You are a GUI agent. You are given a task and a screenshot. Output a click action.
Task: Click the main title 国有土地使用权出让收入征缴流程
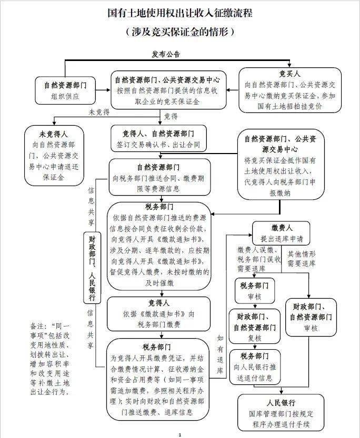180,13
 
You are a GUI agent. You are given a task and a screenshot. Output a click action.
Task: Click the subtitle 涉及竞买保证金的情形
180,32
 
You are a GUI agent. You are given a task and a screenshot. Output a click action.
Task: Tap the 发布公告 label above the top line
166,54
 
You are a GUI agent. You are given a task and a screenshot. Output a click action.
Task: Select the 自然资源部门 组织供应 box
65,90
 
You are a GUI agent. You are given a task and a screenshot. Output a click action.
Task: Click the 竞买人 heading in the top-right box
289,74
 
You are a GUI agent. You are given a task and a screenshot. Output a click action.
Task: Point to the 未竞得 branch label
99,113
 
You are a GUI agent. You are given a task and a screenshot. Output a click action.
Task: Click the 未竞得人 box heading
54,135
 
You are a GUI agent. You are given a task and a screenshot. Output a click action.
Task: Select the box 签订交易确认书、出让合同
159,139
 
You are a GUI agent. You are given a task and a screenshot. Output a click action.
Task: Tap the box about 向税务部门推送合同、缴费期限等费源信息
159,177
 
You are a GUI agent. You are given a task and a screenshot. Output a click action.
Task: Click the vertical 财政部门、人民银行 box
92,268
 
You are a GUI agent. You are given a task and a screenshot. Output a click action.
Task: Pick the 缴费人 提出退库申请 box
281,233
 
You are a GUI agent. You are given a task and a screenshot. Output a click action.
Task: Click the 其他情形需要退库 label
302,259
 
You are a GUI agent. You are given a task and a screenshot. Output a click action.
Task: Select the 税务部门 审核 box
255,291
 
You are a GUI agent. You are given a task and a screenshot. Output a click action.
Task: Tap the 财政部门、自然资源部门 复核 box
255,326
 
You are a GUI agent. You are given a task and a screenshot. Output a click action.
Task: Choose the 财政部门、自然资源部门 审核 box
311,317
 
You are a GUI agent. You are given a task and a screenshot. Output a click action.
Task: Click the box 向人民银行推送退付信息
255,367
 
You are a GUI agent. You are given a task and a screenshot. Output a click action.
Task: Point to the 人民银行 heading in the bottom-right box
281,403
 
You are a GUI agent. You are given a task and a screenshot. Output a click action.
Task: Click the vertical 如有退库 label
220,354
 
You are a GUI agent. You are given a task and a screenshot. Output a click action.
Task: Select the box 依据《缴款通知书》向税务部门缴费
158,314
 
